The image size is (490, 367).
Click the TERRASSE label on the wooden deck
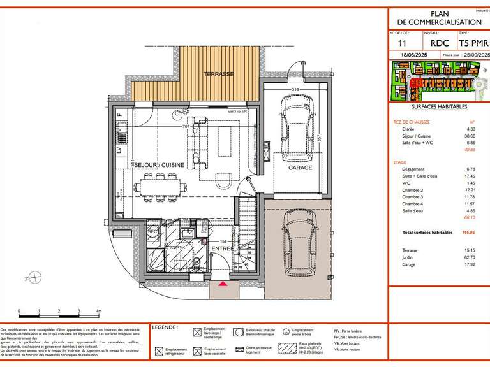(x=219, y=74)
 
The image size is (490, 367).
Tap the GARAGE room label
(x=300, y=168)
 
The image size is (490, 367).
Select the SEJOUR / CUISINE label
(x=159, y=164)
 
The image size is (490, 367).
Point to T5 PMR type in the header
(x=474, y=43)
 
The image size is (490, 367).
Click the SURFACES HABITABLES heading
(x=441, y=107)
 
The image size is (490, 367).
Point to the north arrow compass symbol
(x=31, y=277)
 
